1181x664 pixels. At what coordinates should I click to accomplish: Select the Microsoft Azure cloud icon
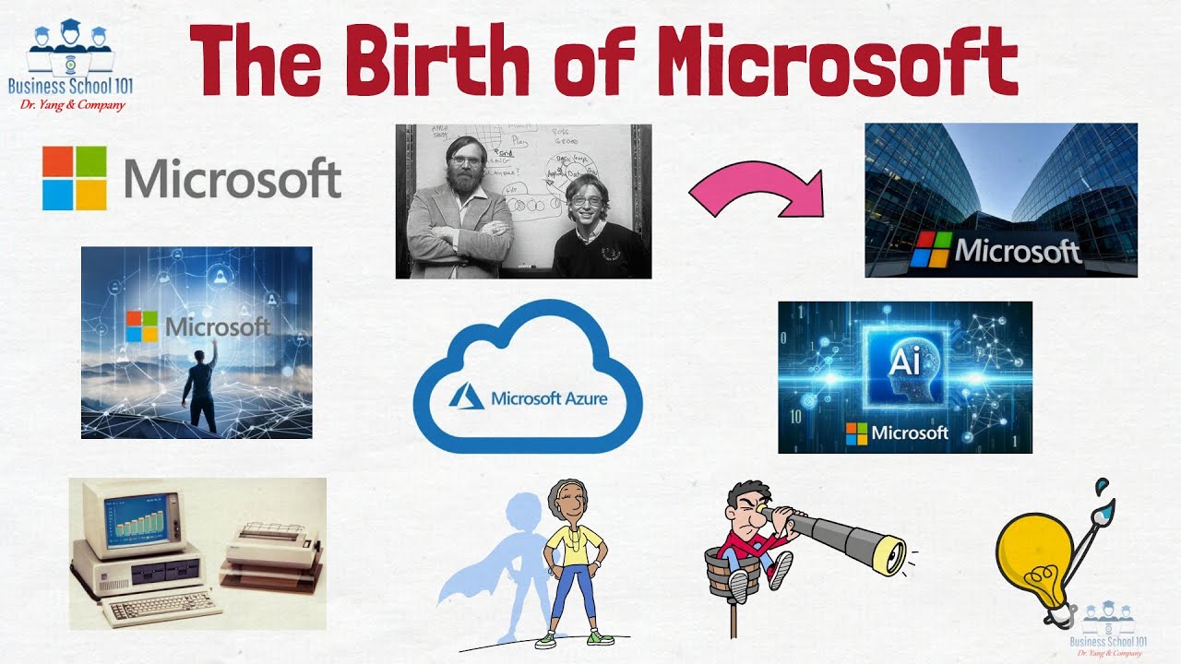coord(528,378)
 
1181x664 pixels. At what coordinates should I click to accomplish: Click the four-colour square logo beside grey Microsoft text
coord(75,178)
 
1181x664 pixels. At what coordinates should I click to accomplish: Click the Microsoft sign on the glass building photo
coord(996,250)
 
